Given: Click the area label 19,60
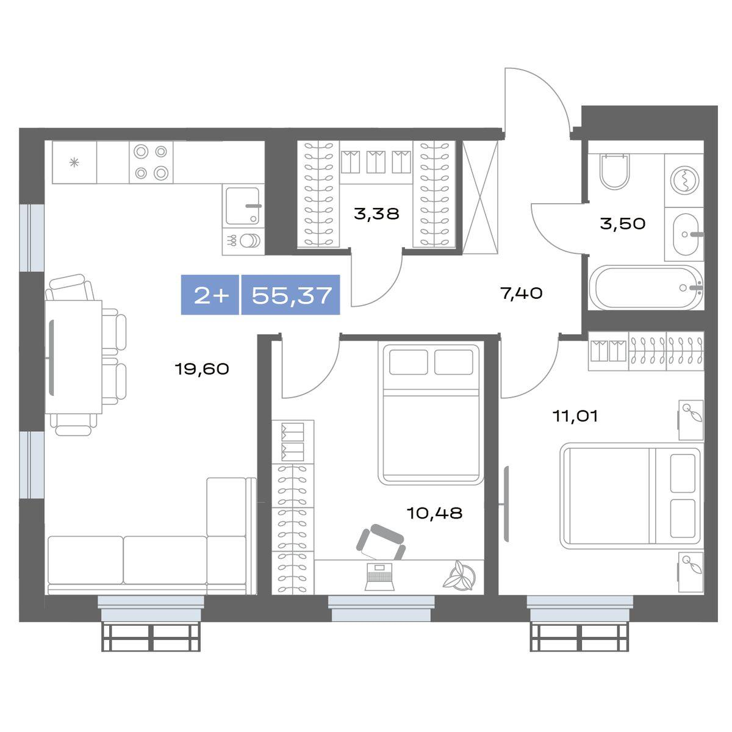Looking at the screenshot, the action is [x=202, y=369].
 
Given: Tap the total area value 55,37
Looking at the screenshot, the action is [x=292, y=295].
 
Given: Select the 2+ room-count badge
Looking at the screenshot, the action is [x=211, y=295].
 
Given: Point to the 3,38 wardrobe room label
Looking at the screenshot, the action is [x=376, y=214].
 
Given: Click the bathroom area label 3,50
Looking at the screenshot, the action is [x=623, y=223].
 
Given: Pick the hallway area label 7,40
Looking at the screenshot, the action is [x=522, y=293].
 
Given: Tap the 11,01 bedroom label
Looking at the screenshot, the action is [x=575, y=417].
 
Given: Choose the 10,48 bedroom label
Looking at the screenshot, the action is [x=434, y=514].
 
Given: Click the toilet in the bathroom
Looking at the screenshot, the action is [x=615, y=171].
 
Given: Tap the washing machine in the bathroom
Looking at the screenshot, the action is [x=684, y=180].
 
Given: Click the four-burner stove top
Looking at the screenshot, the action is [x=151, y=162].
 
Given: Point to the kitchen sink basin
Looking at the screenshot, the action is [x=243, y=206].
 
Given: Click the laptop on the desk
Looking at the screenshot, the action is [x=379, y=577].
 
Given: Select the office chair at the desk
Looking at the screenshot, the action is [x=381, y=542].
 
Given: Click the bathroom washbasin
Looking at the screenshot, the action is [x=687, y=234].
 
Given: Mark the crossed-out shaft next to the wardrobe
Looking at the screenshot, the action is [x=480, y=197].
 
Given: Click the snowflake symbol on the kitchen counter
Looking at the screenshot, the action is [x=74, y=163].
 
